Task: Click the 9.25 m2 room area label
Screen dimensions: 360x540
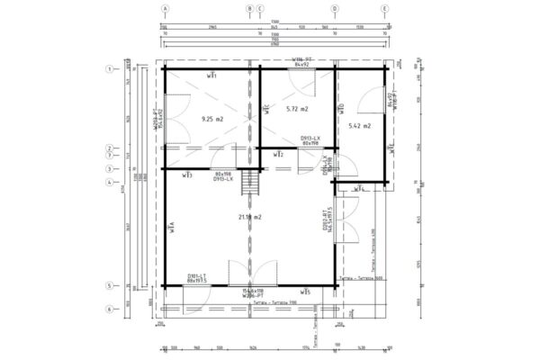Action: (212, 119)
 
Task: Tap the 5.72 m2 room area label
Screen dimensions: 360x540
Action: (296, 109)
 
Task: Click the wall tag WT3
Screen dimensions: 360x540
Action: (185, 175)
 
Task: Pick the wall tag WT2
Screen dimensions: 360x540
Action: (279, 156)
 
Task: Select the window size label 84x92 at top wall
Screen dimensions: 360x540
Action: (300, 65)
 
